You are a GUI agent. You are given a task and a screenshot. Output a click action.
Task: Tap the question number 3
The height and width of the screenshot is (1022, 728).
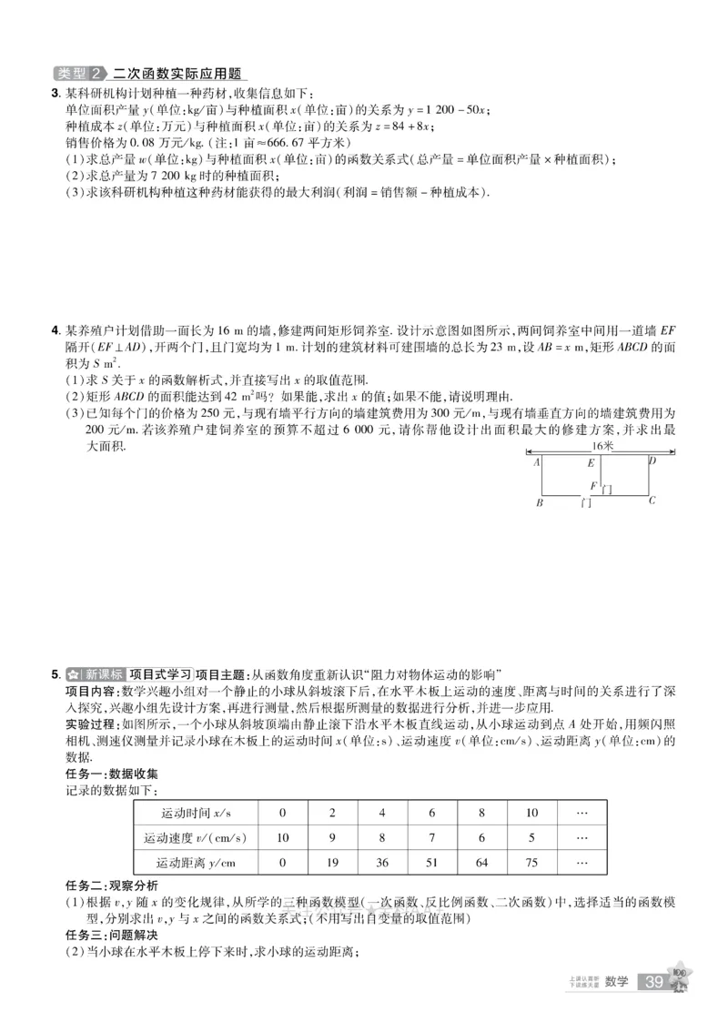click(56, 93)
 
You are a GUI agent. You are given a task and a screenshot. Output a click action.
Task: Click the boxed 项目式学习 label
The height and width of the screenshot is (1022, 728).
click(161, 674)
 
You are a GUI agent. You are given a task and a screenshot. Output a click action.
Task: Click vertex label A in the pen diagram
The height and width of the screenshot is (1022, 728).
click(538, 462)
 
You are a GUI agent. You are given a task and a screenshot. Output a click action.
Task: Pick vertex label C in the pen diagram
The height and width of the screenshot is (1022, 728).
click(652, 501)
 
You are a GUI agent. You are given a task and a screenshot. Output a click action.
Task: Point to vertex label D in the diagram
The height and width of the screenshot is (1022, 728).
click(652, 461)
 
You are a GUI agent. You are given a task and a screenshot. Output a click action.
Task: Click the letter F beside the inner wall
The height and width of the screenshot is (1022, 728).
click(593, 485)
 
